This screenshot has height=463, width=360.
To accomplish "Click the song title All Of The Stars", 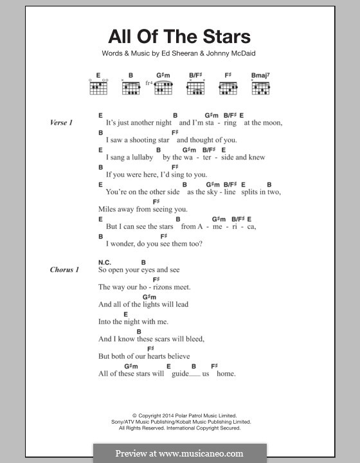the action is coord(179,36).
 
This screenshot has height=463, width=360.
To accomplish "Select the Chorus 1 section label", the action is coord(64,269).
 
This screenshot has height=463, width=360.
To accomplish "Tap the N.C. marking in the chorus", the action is coord(105,262).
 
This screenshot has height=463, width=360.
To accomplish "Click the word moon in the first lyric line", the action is coord(272,122).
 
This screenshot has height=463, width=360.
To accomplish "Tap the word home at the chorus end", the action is coord(226,373).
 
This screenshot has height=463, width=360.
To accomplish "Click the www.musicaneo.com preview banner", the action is coord(179,453).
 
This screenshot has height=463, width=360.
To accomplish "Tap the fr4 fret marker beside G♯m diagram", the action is coord(148,83).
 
